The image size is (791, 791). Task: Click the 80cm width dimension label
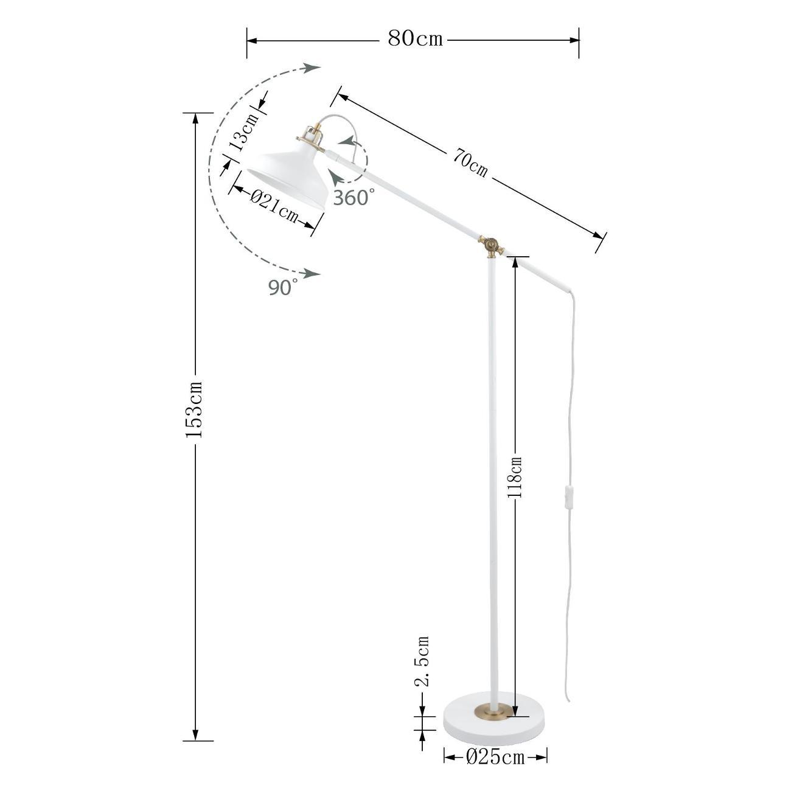coord(415,40)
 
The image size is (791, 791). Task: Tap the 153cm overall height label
coord(193,409)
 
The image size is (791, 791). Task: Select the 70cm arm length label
coord(470,163)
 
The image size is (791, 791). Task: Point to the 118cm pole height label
coord(514,476)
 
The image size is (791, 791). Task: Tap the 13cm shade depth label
coord(243,132)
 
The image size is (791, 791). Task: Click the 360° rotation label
coord(354,198)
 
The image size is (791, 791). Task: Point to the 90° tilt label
coord(283,287)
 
